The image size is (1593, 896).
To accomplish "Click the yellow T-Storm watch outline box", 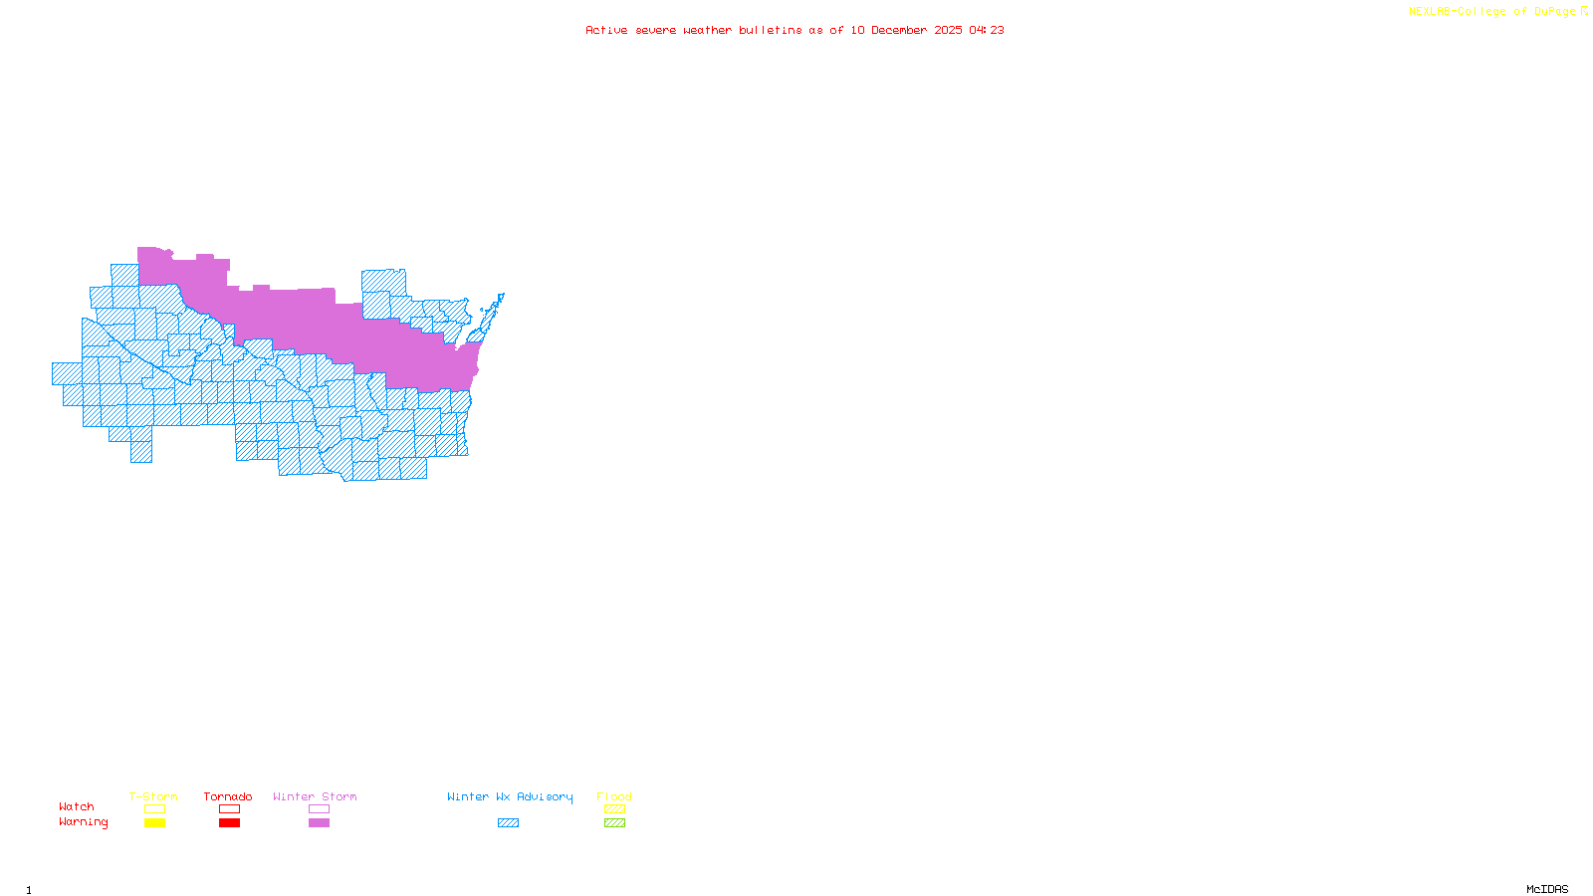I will click(x=154, y=809).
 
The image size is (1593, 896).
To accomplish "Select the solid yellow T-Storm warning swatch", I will click(x=154, y=823).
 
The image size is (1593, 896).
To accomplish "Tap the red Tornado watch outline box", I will click(x=229, y=809).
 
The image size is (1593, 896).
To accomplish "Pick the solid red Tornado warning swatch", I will click(x=229, y=823).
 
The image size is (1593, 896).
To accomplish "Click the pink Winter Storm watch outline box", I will click(x=319, y=809).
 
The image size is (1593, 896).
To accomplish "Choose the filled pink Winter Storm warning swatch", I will click(x=319, y=823).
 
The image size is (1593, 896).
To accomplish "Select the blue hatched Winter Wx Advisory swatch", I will click(x=508, y=823).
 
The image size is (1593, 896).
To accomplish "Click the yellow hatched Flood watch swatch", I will click(x=614, y=809).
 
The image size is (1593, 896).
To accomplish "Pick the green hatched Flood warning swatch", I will click(x=614, y=823).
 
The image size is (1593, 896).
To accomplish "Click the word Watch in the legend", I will click(x=77, y=806).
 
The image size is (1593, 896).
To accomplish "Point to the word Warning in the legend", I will click(x=83, y=822).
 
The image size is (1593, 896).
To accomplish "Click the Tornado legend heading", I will click(x=228, y=796).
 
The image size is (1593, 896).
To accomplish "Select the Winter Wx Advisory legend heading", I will click(x=510, y=796).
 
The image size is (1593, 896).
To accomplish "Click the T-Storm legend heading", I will click(x=153, y=796).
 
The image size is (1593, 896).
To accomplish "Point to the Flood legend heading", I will click(x=614, y=796).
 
